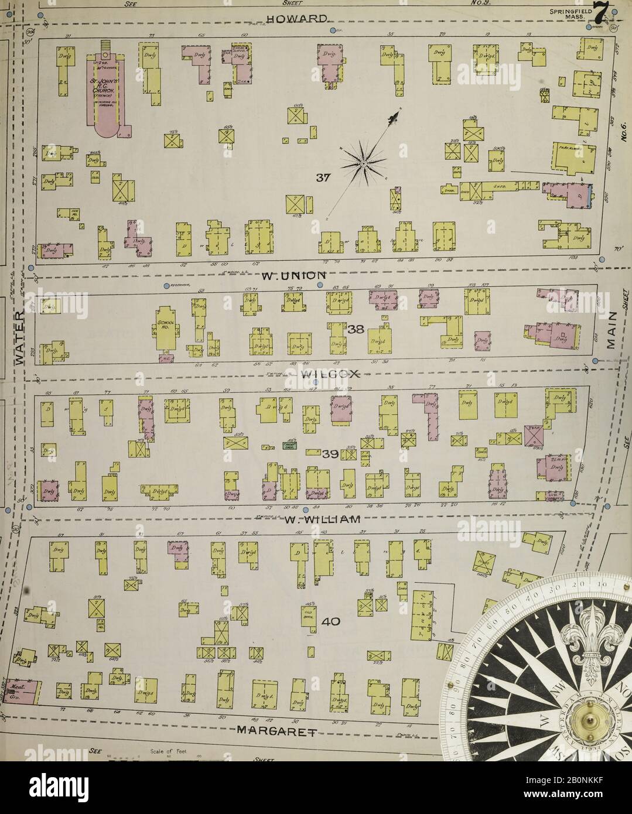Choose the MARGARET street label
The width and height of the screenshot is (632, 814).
click(275, 730)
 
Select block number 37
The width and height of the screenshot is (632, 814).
click(324, 179)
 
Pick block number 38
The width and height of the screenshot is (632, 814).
click(356, 330)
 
